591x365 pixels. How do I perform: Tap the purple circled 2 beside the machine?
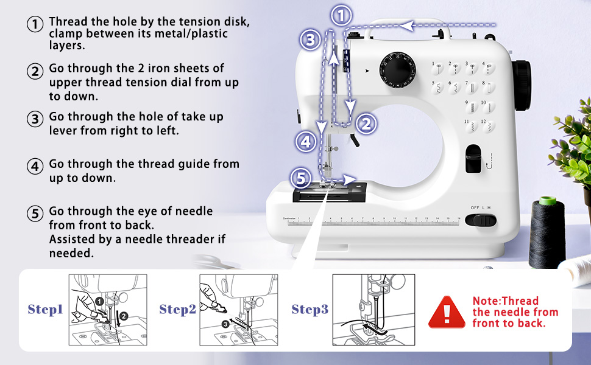coord(366,124)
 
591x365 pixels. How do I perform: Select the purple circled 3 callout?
coord(310,41)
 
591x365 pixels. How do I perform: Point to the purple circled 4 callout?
coord(306,142)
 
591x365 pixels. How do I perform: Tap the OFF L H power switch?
coord(482,220)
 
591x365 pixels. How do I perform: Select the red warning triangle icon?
coord(447,313)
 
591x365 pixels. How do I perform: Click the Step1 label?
coord(46,310)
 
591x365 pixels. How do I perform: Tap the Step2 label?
coord(177,310)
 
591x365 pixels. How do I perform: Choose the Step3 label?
coord(310,310)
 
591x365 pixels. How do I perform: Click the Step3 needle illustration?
coord(373,310)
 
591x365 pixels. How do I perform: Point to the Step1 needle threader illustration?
coord(108,310)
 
